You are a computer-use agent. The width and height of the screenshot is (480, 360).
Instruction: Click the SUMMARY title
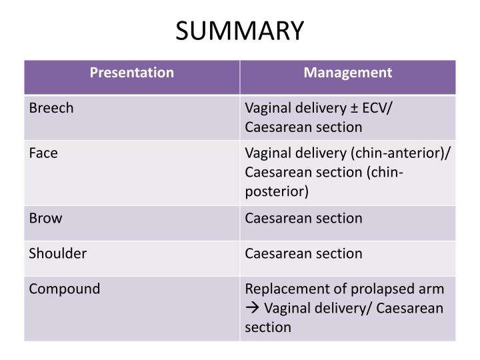point(240,29)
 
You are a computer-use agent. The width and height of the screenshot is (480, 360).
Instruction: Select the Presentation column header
point(132,73)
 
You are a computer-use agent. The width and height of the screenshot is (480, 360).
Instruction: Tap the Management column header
point(348,73)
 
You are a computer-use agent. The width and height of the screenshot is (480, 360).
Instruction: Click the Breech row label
point(51,108)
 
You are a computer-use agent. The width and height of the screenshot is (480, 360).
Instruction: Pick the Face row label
point(43,153)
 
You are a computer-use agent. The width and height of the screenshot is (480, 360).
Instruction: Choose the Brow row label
point(45,218)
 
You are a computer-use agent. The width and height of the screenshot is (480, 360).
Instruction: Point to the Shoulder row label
point(57,253)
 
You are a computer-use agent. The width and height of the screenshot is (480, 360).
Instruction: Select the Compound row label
point(65,289)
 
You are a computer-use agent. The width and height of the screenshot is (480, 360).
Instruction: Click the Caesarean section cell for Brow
point(304,218)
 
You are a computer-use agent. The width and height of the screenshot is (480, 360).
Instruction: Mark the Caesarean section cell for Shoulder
point(304,253)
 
